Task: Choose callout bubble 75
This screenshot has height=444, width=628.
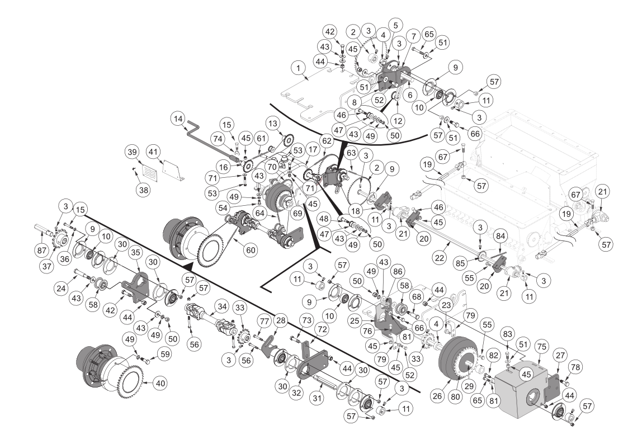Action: [541, 346]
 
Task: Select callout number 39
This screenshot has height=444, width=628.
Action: [133, 153]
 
